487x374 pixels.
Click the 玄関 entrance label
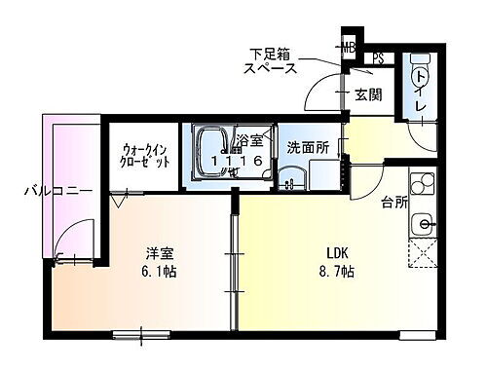tap(367, 94)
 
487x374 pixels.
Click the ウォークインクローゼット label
tap(146, 155)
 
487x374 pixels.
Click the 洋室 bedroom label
tap(162, 251)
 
